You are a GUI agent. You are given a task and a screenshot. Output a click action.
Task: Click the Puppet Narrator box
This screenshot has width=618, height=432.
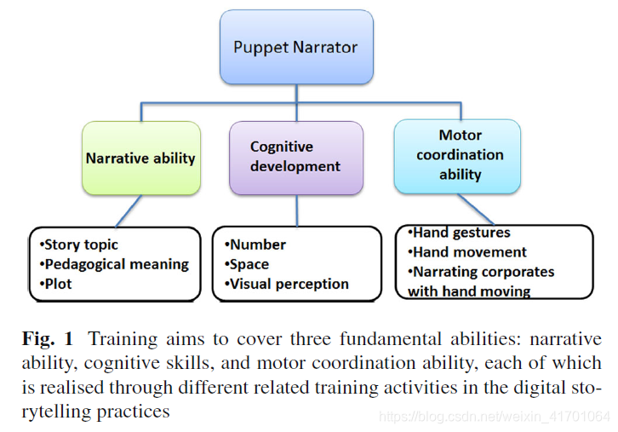click(295, 48)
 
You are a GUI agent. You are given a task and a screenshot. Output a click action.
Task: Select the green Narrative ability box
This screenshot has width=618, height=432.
click(140, 158)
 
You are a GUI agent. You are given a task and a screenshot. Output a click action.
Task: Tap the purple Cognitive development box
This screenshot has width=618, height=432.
click(295, 158)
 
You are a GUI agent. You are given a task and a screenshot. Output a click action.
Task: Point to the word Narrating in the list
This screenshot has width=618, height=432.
click(447, 272)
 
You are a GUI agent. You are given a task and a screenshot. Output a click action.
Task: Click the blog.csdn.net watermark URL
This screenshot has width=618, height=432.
click(494, 417)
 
